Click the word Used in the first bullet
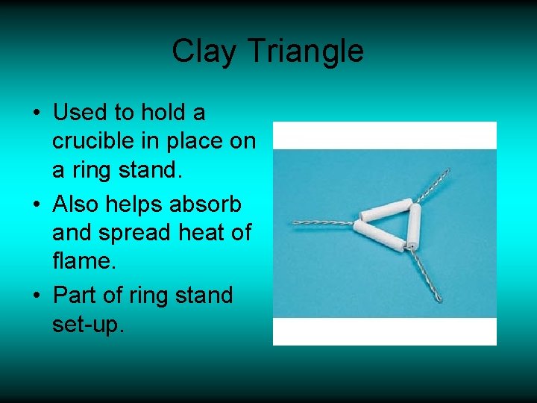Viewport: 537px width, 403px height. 80,113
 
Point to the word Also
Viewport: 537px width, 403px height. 78,203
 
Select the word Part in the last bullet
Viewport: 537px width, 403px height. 76,295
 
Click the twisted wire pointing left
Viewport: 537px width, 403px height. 321,222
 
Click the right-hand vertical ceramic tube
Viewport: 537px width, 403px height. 413,224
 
